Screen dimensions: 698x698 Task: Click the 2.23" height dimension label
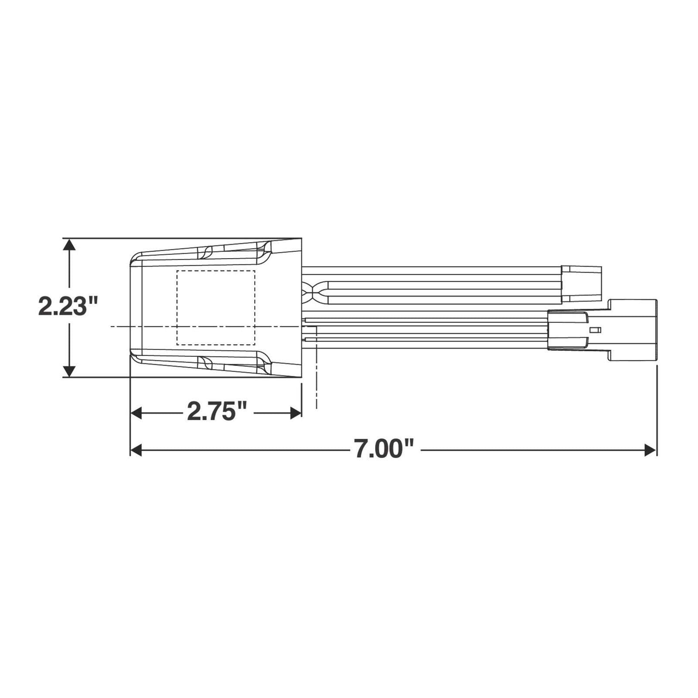point(67,306)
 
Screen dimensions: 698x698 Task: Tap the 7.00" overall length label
point(384,449)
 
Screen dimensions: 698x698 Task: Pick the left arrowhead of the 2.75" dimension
point(137,413)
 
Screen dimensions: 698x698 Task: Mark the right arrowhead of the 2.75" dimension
point(296,413)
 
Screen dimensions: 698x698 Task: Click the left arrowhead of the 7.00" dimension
point(137,450)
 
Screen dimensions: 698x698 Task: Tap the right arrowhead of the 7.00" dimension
point(650,450)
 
